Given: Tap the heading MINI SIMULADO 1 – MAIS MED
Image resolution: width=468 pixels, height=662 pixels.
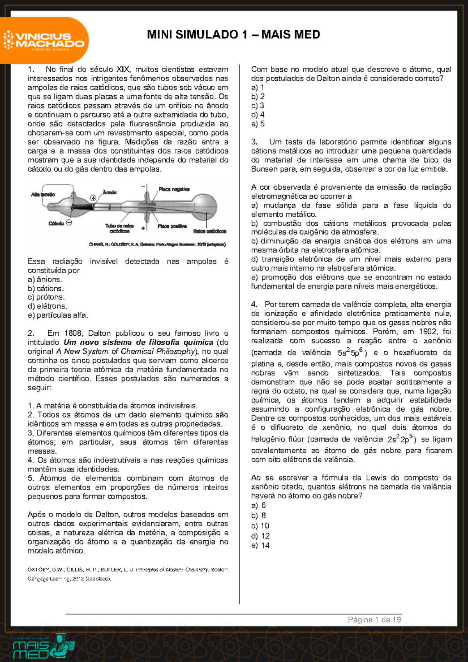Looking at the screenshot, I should pyautogui.click(x=233, y=34).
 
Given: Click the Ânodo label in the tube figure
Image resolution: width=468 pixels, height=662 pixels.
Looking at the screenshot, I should pyautogui.click(x=110, y=192).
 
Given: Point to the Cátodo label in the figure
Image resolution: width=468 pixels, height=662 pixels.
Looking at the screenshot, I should pyautogui.click(x=56, y=223).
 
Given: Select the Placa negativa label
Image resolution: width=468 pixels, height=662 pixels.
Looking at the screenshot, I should pyautogui.click(x=174, y=189).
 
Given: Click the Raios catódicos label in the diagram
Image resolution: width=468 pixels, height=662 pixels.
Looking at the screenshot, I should pyautogui.click(x=209, y=231).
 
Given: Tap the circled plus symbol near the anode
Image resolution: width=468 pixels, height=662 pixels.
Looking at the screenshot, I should pyautogui.click(x=93, y=198).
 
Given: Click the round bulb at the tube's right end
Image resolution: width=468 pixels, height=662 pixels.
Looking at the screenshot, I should pyautogui.click(x=205, y=204).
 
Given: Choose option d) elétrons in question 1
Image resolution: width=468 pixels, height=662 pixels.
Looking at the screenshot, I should pyautogui.click(x=48, y=306).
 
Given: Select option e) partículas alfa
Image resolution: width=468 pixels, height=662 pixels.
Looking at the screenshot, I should pyautogui.click(x=58, y=315).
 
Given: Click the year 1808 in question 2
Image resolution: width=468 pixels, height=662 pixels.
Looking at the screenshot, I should pyautogui.click(x=73, y=333).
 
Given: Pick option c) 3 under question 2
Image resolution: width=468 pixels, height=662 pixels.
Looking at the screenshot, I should pyautogui.click(x=258, y=105).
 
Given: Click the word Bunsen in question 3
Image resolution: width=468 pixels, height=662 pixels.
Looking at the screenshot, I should pyautogui.click(x=264, y=169).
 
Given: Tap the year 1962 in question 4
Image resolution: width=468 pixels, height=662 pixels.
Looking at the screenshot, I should pyautogui.click(x=427, y=331).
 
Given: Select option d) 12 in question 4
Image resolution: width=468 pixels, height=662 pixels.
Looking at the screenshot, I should pyautogui.click(x=261, y=536).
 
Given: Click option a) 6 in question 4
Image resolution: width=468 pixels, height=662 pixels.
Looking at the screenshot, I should pyautogui.click(x=259, y=505).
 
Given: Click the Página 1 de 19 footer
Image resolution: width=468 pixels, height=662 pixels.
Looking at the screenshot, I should pyautogui.click(x=374, y=620).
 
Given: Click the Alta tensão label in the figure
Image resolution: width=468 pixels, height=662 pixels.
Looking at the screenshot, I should pyautogui.click(x=43, y=194).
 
